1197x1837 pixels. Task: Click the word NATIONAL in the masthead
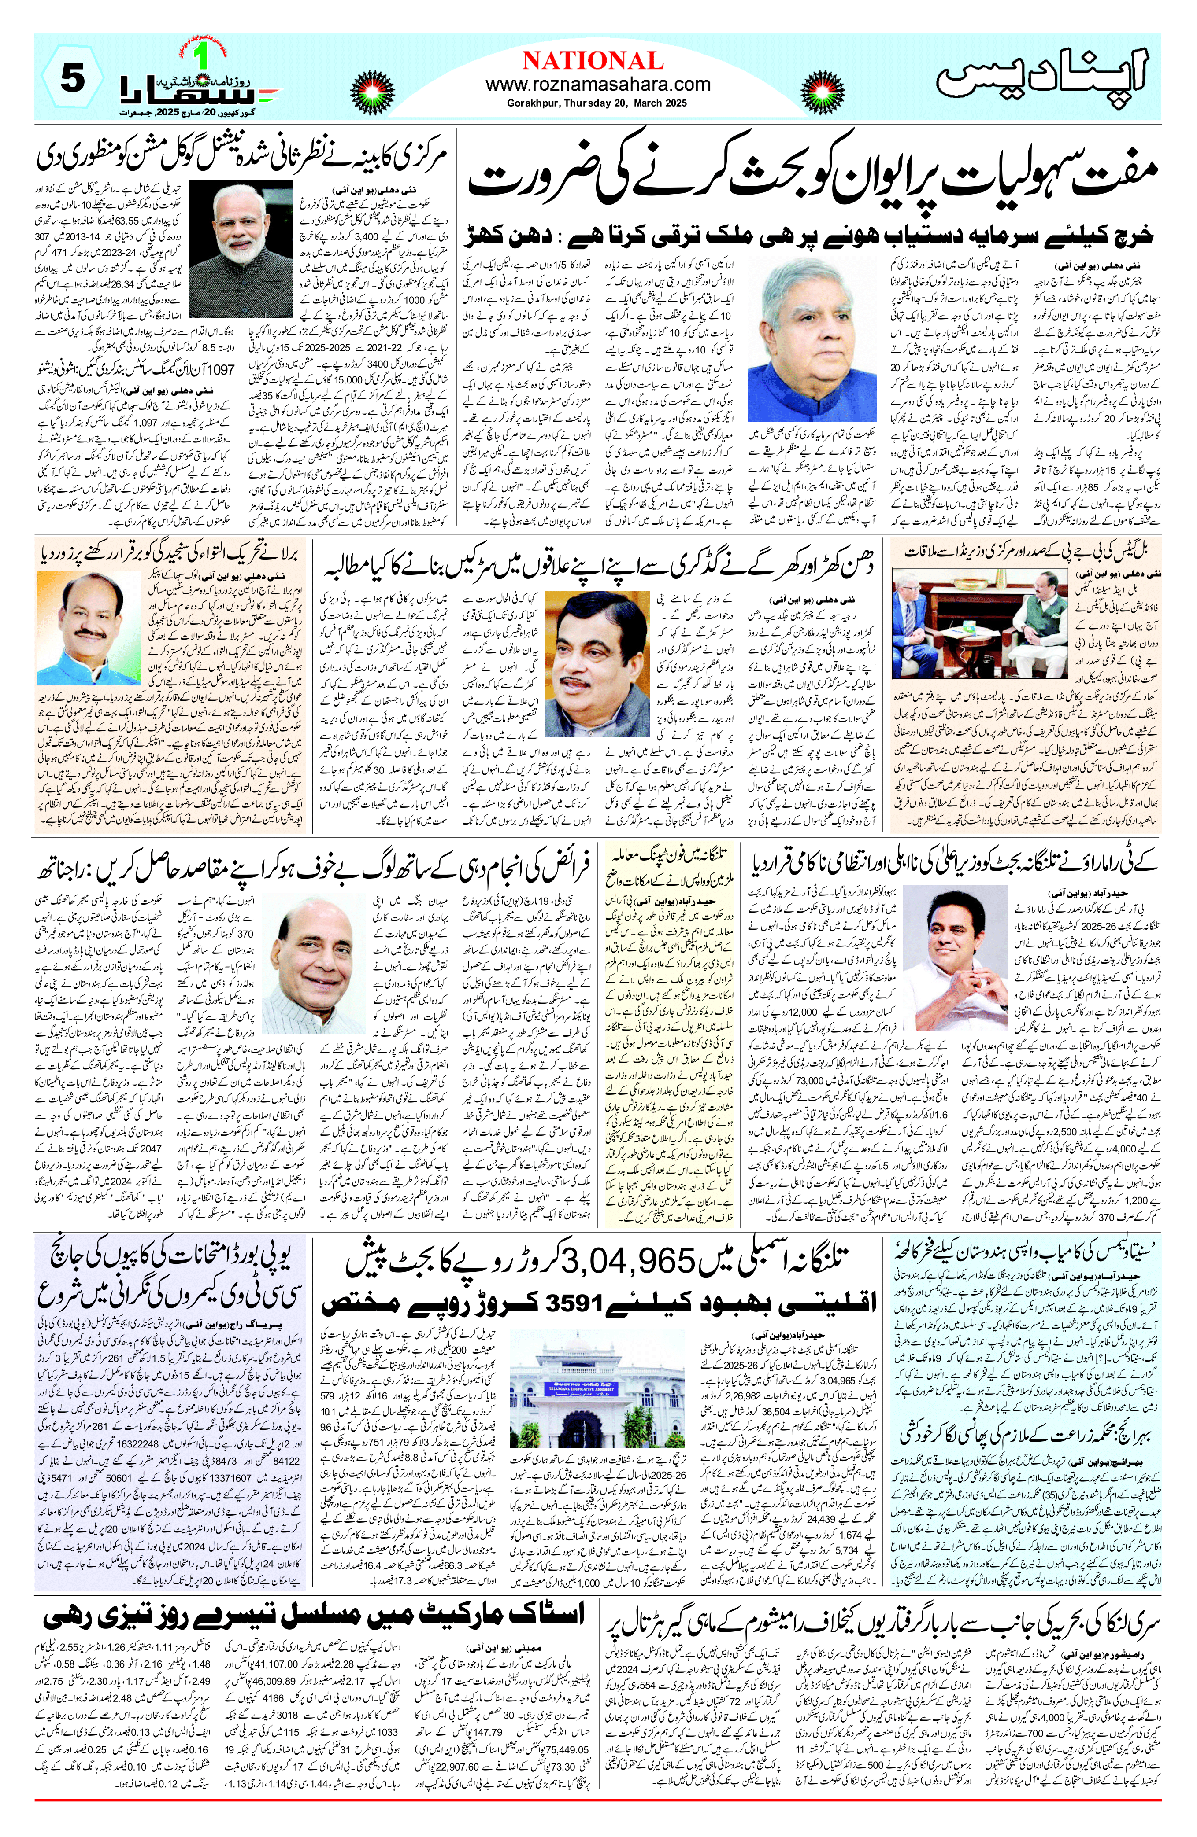[x=592, y=60]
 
